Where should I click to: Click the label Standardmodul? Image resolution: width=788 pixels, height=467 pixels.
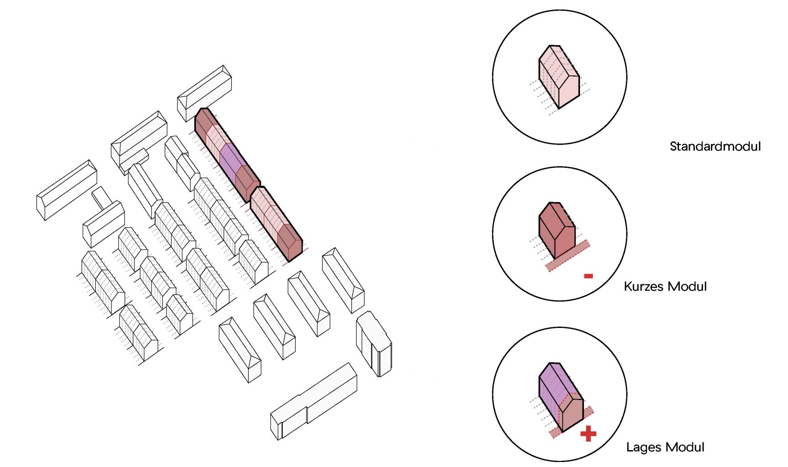715,146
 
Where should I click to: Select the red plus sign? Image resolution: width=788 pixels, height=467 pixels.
588,434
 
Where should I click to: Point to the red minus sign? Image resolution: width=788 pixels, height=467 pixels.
589,276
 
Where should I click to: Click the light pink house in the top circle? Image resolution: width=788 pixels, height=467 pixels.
559,77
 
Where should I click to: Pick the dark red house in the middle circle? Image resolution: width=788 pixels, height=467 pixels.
557,230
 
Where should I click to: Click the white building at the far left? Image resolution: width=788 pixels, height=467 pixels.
67,190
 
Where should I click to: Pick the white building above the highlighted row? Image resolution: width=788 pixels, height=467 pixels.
204,93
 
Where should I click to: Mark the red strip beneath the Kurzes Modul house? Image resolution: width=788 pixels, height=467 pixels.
568,256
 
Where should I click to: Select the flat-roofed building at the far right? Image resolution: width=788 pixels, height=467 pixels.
374,344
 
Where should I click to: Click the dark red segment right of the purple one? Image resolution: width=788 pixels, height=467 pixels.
247,183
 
